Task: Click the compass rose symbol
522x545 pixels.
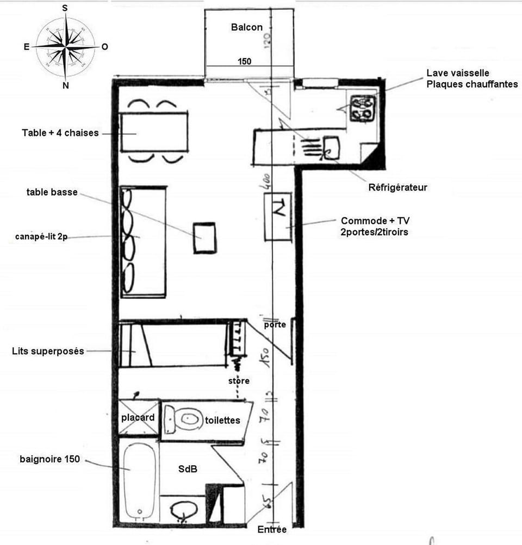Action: pos(65,47)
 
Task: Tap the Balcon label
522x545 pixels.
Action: pos(246,27)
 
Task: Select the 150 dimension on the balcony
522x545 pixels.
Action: pos(244,61)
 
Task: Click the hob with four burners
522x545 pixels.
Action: pos(363,107)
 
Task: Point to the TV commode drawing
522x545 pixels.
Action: pos(278,216)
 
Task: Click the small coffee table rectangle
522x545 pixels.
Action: pos(205,237)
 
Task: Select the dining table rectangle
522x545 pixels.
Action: pos(154,133)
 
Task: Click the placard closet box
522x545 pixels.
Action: pos(138,418)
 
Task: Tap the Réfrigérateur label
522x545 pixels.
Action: pos(398,187)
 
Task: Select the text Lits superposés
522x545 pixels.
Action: pos(48,351)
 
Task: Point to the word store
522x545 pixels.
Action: pos(239,381)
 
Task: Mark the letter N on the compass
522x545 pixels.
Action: pos(65,85)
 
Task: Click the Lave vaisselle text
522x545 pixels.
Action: pos(458,73)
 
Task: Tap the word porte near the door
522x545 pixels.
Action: pos(275,325)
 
